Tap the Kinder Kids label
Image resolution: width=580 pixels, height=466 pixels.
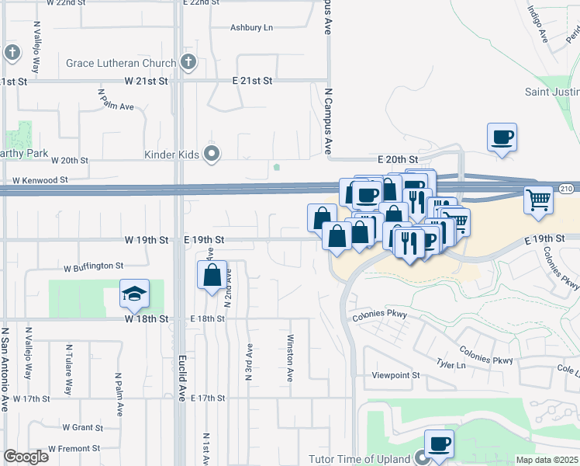pyautogui.click(x=171, y=155)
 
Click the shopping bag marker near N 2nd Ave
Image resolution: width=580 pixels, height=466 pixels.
pyautogui.click(x=212, y=275)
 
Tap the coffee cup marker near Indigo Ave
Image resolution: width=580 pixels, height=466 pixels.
pyautogui.click(x=502, y=137)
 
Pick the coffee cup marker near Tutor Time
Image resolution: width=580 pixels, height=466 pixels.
pyautogui.click(x=439, y=443)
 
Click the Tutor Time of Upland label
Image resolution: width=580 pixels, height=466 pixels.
pyautogui.click(x=359, y=459)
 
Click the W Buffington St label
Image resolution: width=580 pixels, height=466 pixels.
pyautogui.click(x=94, y=266)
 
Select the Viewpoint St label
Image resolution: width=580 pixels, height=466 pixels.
pyautogui.click(x=395, y=375)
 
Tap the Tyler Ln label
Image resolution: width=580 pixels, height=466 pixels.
pyautogui.click(x=444, y=363)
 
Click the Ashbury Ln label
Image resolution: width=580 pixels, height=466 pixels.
pyautogui.click(x=252, y=28)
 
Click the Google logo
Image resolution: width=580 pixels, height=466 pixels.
pyautogui.click(x=26, y=457)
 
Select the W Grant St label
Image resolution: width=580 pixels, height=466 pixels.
pyautogui.click(x=82, y=427)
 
